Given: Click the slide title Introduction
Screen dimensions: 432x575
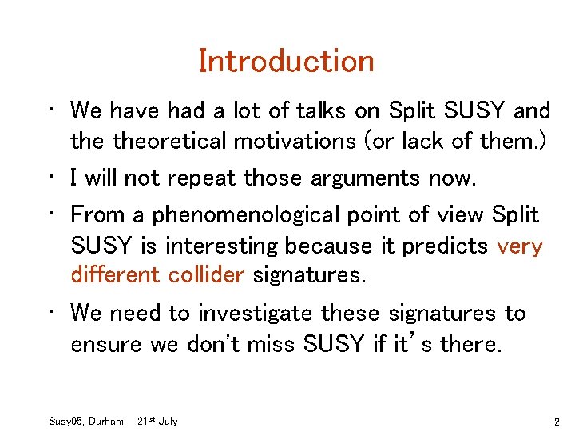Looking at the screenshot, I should pyautogui.click(x=287, y=62).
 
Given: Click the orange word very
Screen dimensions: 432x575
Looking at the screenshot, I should pyautogui.click(x=520, y=245).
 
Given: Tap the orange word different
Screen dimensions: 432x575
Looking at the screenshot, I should pyautogui.click(x=116, y=275).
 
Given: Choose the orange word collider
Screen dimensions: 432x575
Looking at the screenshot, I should pyautogui.click(x=206, y=275).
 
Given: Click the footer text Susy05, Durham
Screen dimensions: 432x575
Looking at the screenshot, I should pyautogui.click(x=87, y=421).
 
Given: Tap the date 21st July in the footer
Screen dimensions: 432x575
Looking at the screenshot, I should pyautogui.click(x=157, y=421).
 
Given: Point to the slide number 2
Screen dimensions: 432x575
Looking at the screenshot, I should pyautogui.click(x=556, y=421).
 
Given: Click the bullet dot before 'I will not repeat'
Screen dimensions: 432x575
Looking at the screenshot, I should pyautogui.click(x=51, y=175).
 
